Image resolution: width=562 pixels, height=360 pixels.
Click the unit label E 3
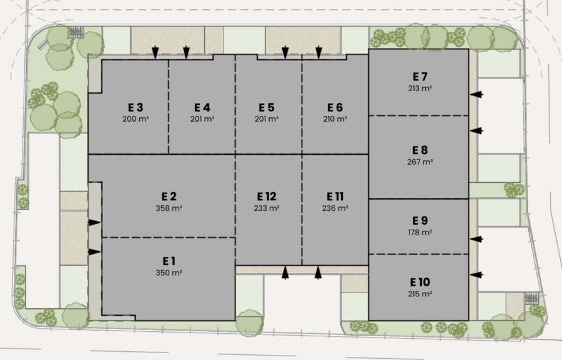tap(136, 107)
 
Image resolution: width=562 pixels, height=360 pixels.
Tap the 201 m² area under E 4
tap(202, 119)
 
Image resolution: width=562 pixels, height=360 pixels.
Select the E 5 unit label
tap(267, 107)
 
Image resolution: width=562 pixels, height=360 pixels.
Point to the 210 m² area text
tap(335, 119)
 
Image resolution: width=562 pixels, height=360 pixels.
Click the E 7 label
tap(420, 77)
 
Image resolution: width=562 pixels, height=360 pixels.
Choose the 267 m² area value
tap(420, 162)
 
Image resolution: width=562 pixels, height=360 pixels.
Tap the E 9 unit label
tap(420, 221)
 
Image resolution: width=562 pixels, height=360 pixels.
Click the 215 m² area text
tap(420, 294)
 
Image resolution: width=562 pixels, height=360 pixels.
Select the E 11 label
tap(335, 197)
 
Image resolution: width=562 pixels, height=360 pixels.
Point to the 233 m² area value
tap(267, 208)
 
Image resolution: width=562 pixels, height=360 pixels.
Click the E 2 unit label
tap(169, 197)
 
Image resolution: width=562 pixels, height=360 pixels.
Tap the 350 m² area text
tap(169, 273)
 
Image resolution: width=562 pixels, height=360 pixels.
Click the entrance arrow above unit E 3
tap(155, 52)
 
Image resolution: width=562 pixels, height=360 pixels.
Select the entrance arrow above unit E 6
tap(318, 52)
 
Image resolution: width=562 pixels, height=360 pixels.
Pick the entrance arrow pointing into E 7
tap(476, 95)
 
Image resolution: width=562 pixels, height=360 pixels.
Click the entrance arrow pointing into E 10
tap(476, 275)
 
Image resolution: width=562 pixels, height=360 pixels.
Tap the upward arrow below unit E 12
tap(285, 273)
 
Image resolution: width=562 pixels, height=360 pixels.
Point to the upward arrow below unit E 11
tap(318, 273)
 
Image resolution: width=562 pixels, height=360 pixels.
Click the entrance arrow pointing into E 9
tap(476, 239)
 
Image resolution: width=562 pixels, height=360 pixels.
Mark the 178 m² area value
tap(420, 233)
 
